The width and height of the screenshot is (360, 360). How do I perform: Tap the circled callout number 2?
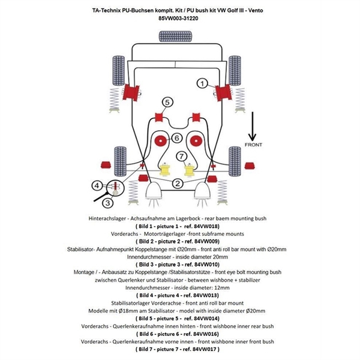pyautogui.click(x=178, y=184)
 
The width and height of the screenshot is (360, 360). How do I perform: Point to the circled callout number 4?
pyautogui.click(x=98, y=185)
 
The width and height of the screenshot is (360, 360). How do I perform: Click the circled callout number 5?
pyautogui.click(x=167, y=102)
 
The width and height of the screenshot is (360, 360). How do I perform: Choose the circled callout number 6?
pyautogui.click(x=177, y=138)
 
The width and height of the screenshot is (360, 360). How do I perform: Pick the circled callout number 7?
pyautogui.click(x=181, y=157)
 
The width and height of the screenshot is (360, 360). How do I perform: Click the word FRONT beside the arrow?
pyautogui.click(x=253, y=145)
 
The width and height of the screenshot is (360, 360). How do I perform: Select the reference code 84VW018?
pyautogui.click(x=200, y=226)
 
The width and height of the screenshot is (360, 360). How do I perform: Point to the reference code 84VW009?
pyautogui.click(x=201, y=240)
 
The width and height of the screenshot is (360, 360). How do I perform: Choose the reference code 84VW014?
pyautogui.click(x=201, y=318)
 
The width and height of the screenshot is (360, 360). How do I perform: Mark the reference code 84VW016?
pyautogui.click(x=201, y=333)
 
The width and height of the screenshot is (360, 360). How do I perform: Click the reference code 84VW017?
pyautogui.click(x=202, y=348)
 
